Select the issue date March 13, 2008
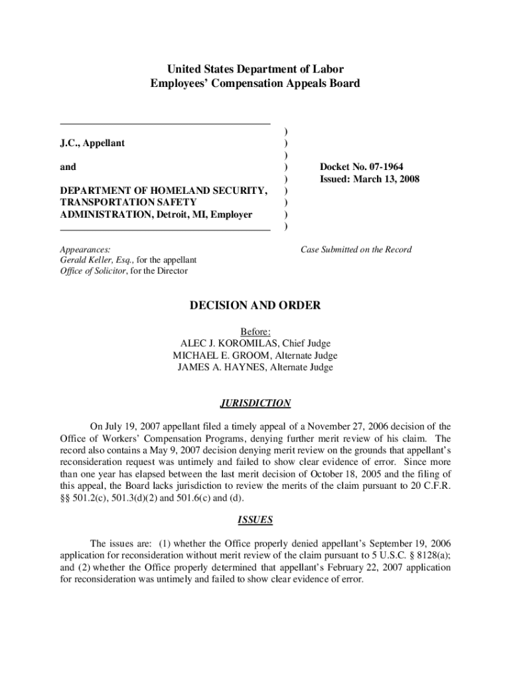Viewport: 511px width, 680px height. pyautogui.click(x=387, y=179)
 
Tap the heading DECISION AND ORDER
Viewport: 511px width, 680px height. pyautogui.click(x=255, y=305)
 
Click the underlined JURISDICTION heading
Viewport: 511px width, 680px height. pyautogui.click(x=255, y=403)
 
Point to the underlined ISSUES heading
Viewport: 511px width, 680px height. pyautogui.click(x=255, y=520)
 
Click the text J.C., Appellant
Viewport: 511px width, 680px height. pyautogui.click(x=92, y=143)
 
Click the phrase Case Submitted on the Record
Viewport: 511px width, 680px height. pyautogui.click(x=356, y=250)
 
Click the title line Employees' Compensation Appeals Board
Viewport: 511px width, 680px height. pyautogui.click(x=255, y=84)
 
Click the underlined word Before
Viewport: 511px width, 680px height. pyautogui.click(x=254, y=332)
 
